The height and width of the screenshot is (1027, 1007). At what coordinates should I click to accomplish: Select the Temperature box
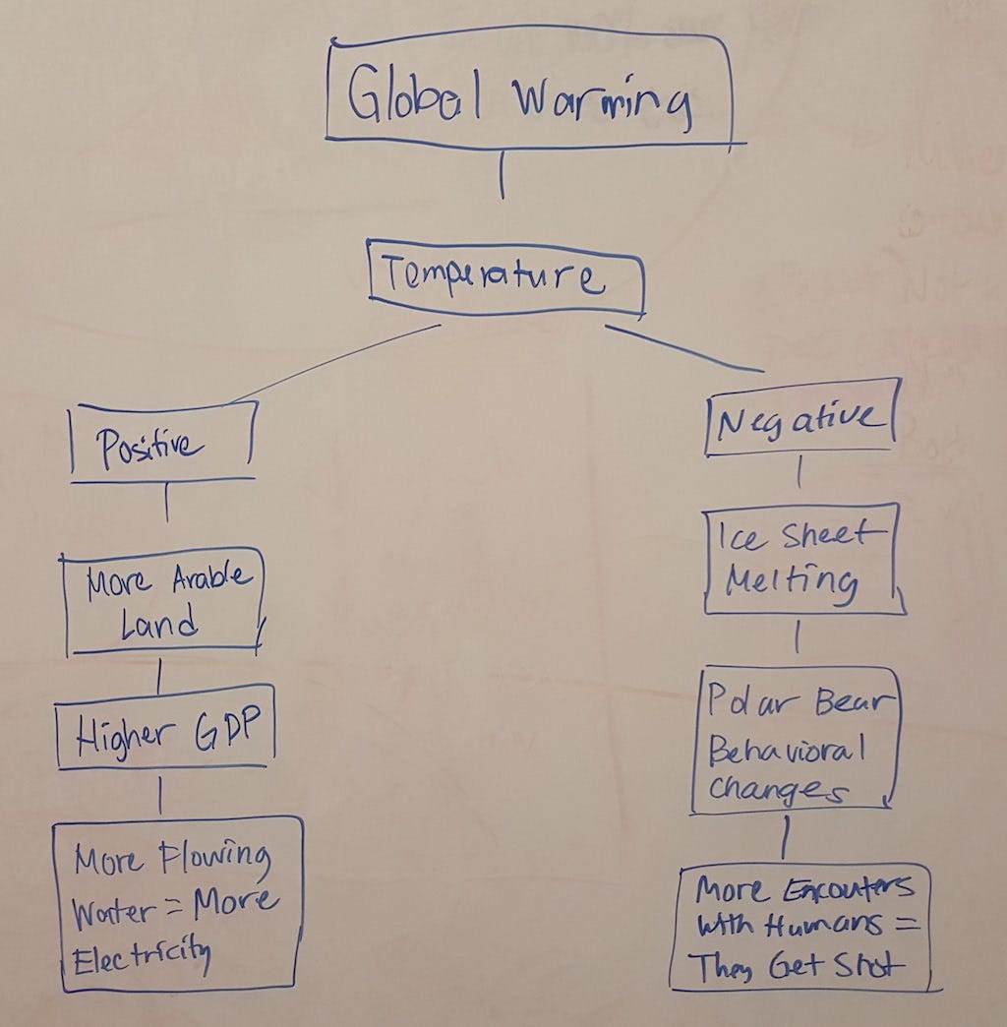[x=506, y=277]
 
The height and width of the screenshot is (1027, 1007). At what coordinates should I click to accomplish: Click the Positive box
[x=163, y=442]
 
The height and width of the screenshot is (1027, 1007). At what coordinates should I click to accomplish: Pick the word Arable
[x=211, y=577]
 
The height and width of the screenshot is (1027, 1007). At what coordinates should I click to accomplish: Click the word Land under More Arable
[x=158, y=623]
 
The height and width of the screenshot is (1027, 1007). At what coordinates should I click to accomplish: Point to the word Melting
[x=791, y=582]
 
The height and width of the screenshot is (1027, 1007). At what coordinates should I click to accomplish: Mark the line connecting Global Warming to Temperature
[x=503, y=175]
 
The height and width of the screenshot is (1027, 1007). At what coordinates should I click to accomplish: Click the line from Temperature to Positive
[x=335, y=363]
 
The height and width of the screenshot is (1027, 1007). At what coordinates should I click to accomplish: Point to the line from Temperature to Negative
[x=684, y=348]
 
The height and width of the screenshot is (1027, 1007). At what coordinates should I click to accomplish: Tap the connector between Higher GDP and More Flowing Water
[x=160, y=795]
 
